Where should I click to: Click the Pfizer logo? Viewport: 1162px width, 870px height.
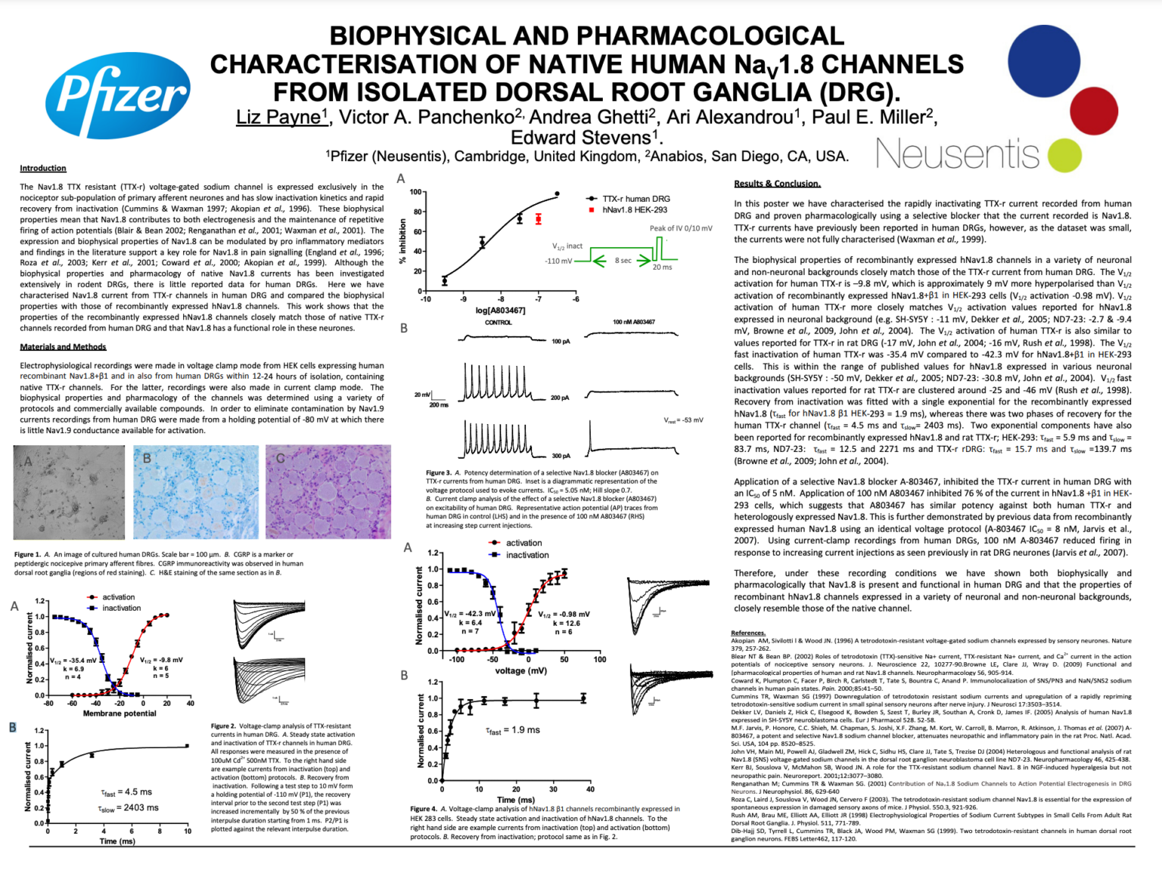118,96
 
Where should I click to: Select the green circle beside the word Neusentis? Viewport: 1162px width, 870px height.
1064,154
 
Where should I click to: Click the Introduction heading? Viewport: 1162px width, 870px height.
43,168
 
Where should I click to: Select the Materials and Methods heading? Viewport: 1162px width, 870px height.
63,347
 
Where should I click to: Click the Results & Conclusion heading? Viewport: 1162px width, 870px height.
777,184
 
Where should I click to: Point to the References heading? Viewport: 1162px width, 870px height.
748,633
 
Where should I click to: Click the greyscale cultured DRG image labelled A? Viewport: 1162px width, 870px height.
70,492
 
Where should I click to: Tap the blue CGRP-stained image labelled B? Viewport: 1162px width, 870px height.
196,492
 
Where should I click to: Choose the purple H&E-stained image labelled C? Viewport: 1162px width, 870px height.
328,492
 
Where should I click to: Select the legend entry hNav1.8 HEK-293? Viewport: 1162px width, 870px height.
634,210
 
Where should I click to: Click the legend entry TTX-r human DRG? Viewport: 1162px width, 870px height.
635,199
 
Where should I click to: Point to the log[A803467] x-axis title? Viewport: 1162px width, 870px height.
500,311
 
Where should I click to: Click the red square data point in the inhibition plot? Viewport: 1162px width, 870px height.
539,219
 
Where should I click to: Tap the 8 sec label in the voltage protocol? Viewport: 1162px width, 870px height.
623,261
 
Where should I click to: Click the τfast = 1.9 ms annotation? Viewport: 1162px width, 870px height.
513,730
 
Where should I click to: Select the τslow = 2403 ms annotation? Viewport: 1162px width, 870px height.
129,808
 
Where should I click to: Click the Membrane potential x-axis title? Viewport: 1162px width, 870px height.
120,714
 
